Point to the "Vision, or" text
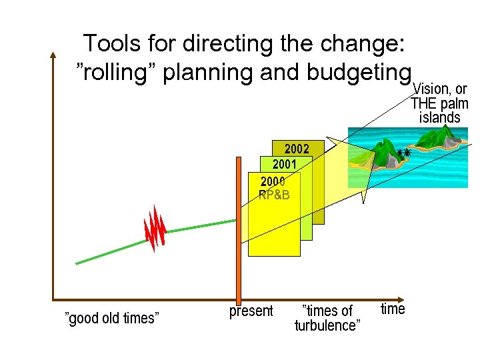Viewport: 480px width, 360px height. point(440,89)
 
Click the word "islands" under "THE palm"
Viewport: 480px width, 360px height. point(439,118)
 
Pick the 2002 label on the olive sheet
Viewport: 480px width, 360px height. point(297,149)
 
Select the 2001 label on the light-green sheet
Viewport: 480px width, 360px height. point(283,164)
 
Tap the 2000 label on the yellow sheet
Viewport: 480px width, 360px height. point(273,181)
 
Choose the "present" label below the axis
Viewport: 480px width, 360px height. point(251,311)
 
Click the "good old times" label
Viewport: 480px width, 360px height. point(111,318)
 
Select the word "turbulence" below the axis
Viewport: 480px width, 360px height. point(327,325)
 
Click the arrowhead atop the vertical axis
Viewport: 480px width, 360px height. point(53,55)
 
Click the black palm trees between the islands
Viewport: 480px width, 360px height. point(403,153)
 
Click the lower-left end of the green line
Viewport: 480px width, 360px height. point(77,263)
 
